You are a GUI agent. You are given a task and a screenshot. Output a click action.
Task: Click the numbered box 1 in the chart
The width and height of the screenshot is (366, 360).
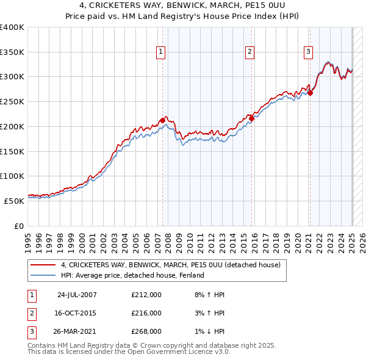160,52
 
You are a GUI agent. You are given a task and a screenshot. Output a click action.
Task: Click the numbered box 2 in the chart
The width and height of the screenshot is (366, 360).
250,52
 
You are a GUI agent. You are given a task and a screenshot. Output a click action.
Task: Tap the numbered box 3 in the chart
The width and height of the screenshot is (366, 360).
309,52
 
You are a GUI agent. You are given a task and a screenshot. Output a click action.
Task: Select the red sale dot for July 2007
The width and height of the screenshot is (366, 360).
162,120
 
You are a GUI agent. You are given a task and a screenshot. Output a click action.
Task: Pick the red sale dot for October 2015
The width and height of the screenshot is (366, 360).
251,118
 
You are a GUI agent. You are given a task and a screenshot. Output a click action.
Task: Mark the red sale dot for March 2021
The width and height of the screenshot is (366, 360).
310,93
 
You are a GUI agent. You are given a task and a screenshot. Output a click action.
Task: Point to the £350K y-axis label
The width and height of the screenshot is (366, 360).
12,52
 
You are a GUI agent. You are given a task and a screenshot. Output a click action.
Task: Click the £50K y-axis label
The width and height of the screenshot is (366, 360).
15,201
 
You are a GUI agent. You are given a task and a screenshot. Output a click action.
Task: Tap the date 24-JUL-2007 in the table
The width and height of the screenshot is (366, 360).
76,295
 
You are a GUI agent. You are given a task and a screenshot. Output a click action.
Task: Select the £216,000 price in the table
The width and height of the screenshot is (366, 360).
146,313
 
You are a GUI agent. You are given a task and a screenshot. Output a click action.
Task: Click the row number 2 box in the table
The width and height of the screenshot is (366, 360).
30,313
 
